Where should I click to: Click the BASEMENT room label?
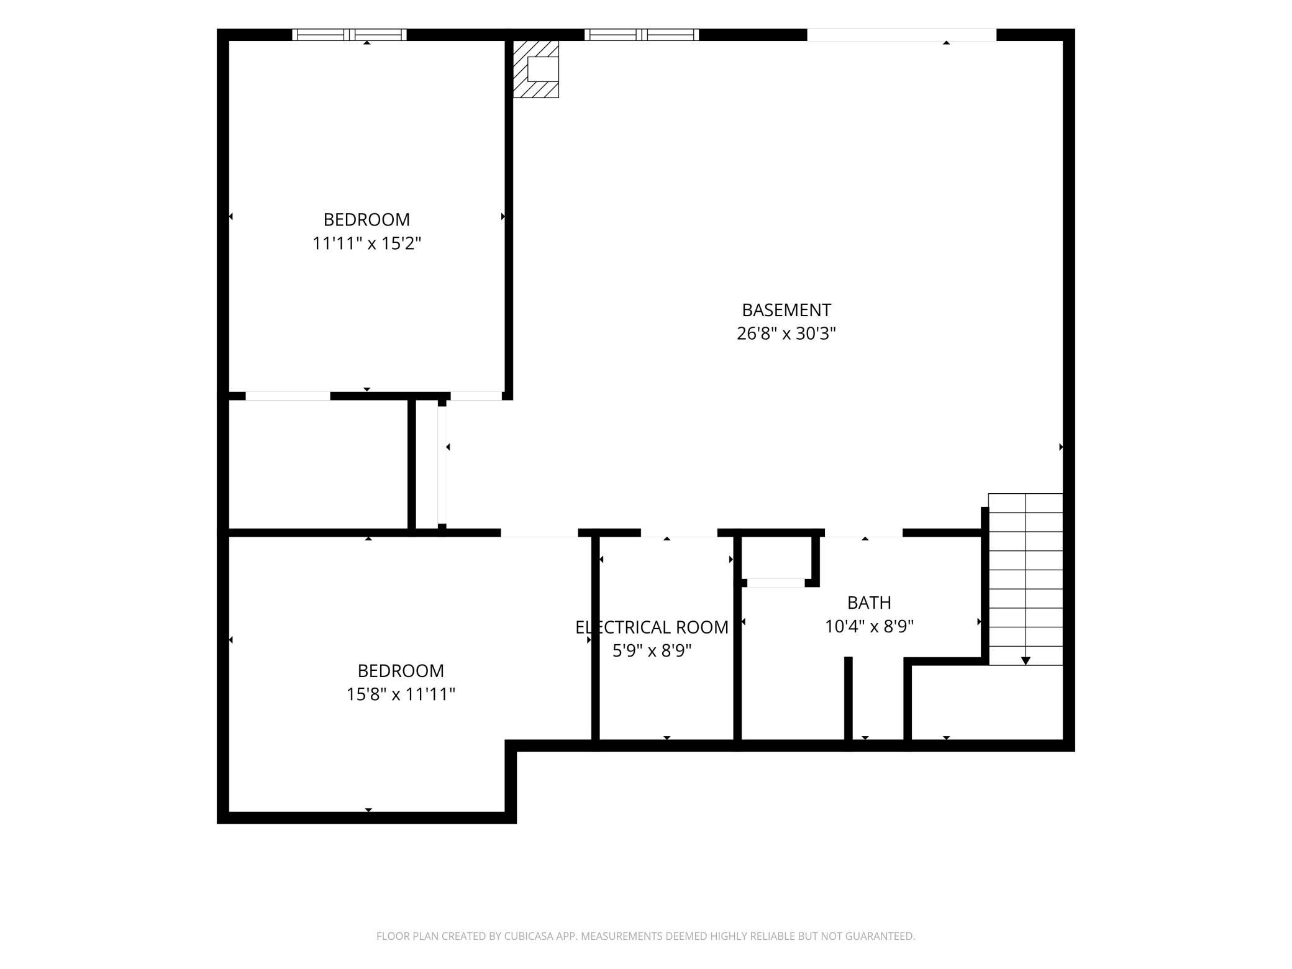pos(786,310)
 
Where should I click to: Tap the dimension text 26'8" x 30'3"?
pos(786,334)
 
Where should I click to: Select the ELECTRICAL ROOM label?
pos(652,627)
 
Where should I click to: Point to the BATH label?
pos(869,603)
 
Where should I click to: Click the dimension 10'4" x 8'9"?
pos(869,627)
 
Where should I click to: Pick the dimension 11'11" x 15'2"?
pos(366,243)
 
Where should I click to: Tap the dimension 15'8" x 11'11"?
pos(401,694)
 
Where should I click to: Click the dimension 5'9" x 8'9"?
pos(652,651)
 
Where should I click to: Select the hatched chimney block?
pos(535,69)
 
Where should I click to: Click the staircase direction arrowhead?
pos(1026,661)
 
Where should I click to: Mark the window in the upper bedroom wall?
pos(349,35)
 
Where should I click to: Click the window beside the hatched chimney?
pos(642,35)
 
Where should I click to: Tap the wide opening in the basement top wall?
pos(902,35)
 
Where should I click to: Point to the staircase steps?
pos(1026,579)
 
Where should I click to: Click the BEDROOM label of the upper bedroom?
pos(366,220)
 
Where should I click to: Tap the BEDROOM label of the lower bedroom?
pos(401,671)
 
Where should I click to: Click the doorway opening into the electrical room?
pos(679,533)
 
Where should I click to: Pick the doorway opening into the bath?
pos(863,533)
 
